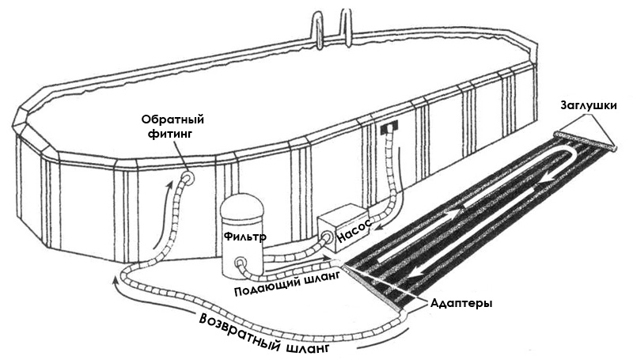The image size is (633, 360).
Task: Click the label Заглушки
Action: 589,106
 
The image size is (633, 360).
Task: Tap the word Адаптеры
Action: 461,303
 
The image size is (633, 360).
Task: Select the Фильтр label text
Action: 245,236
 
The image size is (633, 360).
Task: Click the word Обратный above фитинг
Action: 172,119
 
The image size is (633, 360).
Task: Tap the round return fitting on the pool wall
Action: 188,177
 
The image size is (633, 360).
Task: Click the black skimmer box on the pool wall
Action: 389,127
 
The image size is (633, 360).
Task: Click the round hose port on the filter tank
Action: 241,263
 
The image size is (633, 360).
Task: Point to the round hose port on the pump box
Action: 327,237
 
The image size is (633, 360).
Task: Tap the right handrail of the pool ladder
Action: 346,25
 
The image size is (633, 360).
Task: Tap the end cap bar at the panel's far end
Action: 586,142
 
